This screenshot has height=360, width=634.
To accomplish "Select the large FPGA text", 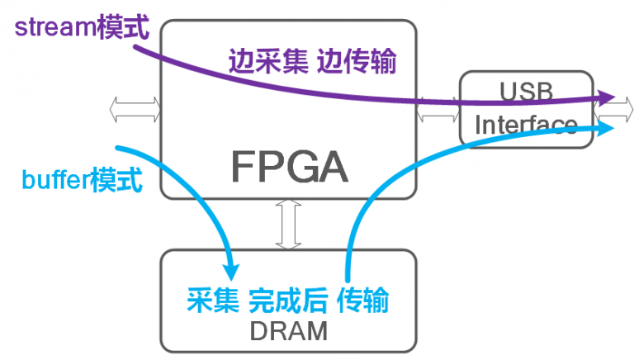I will [289, 167].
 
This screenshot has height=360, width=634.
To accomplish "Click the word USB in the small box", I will [526, 89].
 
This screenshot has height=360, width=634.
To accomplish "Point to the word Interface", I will [526, 126].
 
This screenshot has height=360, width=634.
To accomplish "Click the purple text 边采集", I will [263, 61].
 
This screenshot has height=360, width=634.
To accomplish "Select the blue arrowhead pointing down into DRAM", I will [232, 270].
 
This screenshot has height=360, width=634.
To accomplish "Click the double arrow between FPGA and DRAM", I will [288, 223].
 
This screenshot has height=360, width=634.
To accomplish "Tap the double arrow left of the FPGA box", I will [135, 107].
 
